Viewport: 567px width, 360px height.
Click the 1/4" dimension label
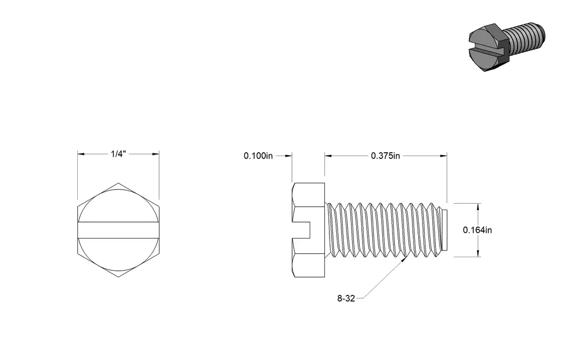118,154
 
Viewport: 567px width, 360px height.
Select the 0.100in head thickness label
258,156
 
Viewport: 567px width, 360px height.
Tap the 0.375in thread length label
385,156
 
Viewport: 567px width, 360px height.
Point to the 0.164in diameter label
477,230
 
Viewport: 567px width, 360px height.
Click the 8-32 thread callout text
346,299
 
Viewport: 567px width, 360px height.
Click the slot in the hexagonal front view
118,230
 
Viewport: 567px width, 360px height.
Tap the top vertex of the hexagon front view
118,183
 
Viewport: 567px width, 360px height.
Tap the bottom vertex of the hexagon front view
118,277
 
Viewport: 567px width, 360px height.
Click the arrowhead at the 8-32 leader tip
405,258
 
